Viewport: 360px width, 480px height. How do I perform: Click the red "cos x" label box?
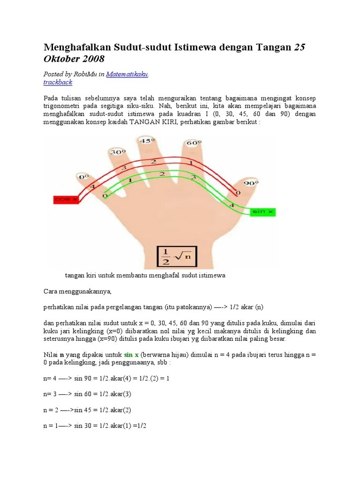coord(66,200)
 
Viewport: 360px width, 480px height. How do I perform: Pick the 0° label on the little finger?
coord(84,177)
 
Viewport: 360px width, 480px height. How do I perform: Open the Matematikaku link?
coord(127,74)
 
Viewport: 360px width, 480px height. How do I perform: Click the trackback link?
coord(58,82)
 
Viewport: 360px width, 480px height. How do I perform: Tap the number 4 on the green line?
coord(231,205)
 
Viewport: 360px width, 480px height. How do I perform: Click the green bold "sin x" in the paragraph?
coord(133,355)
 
